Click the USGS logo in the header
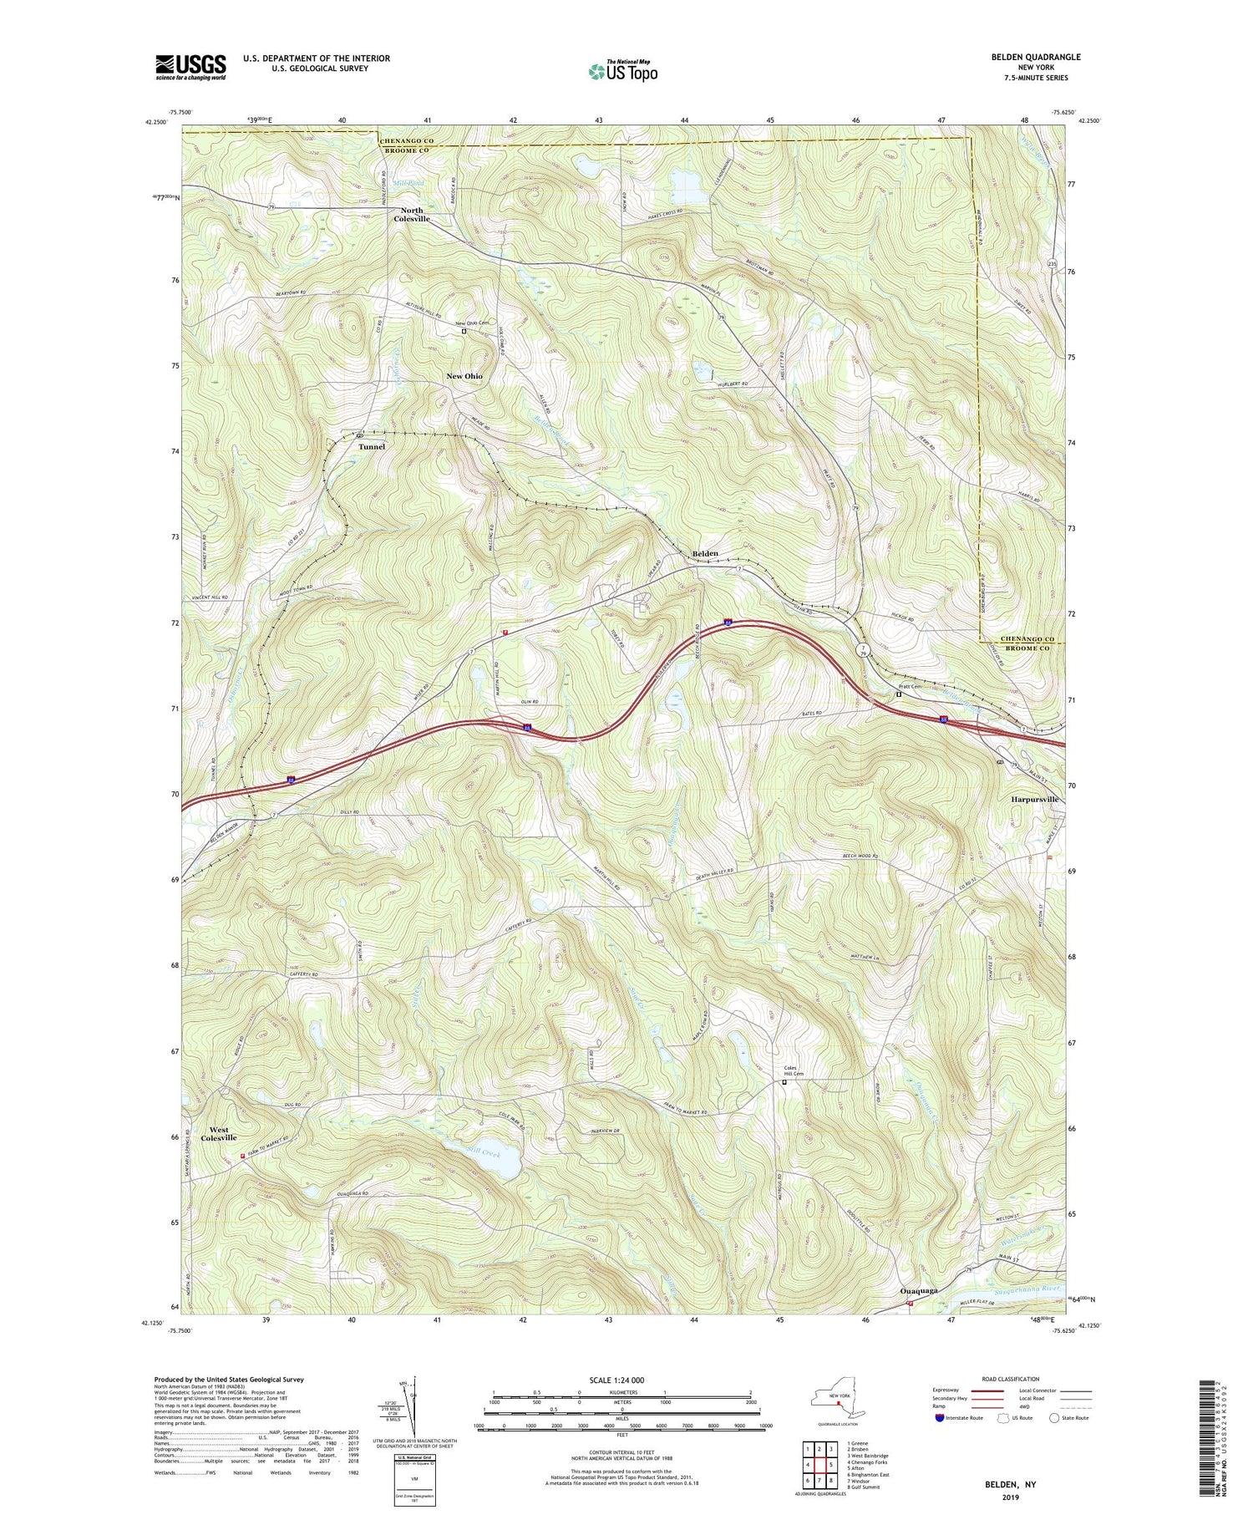coord(190,67)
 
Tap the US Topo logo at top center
coord(623,72)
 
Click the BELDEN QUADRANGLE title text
coord(1032,57)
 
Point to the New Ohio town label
coord(464,376)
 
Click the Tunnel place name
coord(372,446)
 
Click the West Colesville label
coord(219,1133)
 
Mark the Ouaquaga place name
coord(918,1314)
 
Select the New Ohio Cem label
coord(472,323)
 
